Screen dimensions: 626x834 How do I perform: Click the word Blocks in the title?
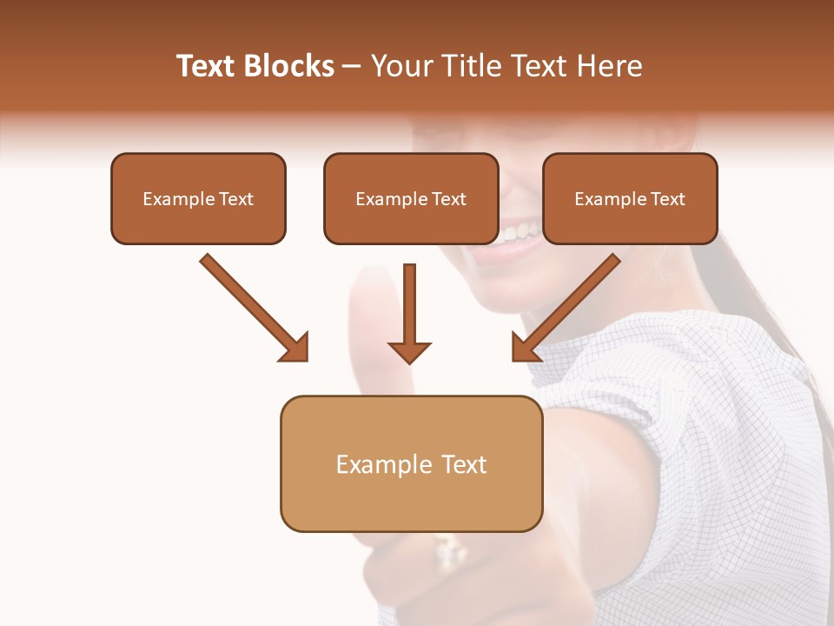click(x=288, y=66)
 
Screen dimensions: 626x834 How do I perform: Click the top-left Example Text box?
click(x=198, y=198)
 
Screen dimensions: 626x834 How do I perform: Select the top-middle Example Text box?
click(x=411, y=198)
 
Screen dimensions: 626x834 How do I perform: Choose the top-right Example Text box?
click(x=630, y=198)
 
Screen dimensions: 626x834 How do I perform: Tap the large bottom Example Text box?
click(x=411, y=463)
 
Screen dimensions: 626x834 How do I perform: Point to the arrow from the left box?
click(x=252, y=306)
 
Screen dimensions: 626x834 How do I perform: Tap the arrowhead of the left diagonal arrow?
click(x=295, y=348)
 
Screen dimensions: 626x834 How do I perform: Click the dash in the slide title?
click(x=352, y=67)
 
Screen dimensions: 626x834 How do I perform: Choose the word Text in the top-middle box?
click(x=448, y=199)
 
